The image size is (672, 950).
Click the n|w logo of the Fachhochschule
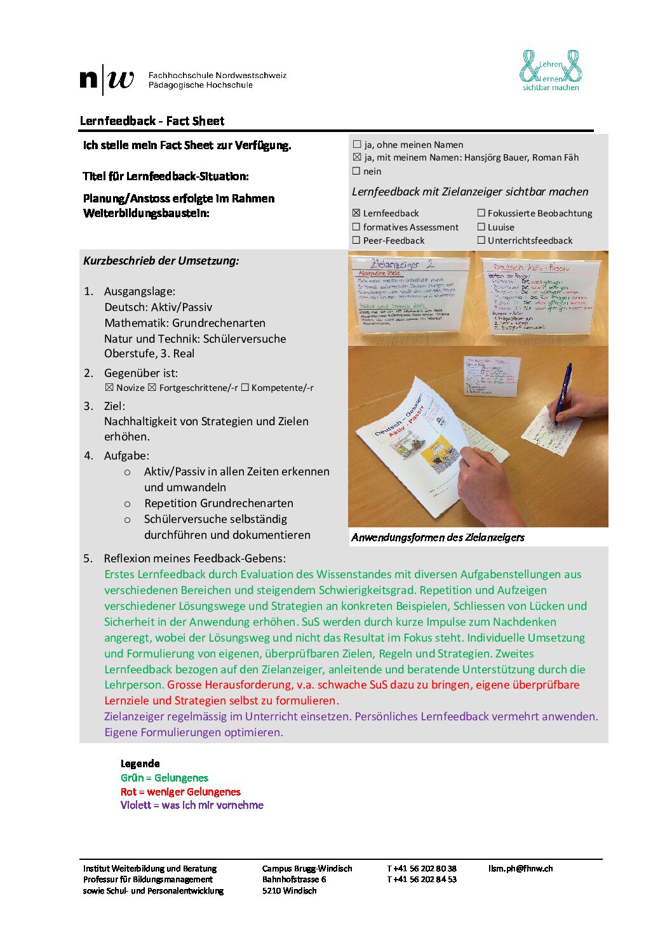pos(107,79)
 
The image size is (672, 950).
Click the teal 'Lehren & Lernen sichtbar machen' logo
pos(551,70)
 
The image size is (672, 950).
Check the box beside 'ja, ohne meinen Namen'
pos(357,145)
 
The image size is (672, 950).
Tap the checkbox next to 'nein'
pos(357,171)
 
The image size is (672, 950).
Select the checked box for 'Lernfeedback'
pos(356,213)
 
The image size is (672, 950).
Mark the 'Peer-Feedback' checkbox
pos(356,241)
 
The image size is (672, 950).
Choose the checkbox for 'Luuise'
pos(481,227)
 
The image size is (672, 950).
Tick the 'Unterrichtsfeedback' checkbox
pos(481,241)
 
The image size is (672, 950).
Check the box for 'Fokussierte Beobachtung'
pos(481,213)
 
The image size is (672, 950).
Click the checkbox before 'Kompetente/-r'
pos(245,388)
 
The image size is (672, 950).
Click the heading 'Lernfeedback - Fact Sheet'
pos(152,121)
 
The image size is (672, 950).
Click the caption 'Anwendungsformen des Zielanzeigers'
pos(438,538)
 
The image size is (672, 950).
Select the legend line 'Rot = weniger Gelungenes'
pos(180,791)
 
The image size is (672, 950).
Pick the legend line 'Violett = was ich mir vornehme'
pos(192,805)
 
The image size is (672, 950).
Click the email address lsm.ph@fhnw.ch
pos(520,868)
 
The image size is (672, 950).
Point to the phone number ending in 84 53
pos(422,879)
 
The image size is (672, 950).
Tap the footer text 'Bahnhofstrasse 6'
pos(294,879)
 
